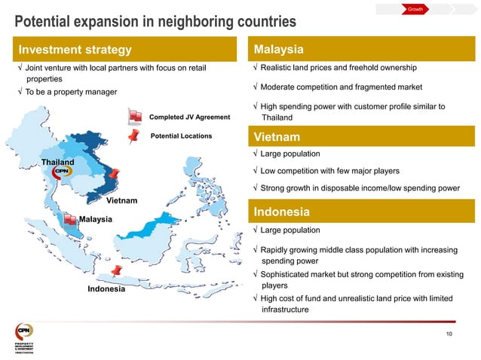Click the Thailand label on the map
pos(57,163)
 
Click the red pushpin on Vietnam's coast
pos(114,176)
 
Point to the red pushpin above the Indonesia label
pos(116,270)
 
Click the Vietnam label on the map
pos(121,201)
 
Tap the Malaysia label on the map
pos(95,219)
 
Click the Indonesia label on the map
pos(106,289)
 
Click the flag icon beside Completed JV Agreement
pos(135,117)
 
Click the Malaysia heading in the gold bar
pos(278,50)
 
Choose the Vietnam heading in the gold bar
pos(277,138)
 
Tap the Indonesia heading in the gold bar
pos(281,212)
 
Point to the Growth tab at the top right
pos(415,9)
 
